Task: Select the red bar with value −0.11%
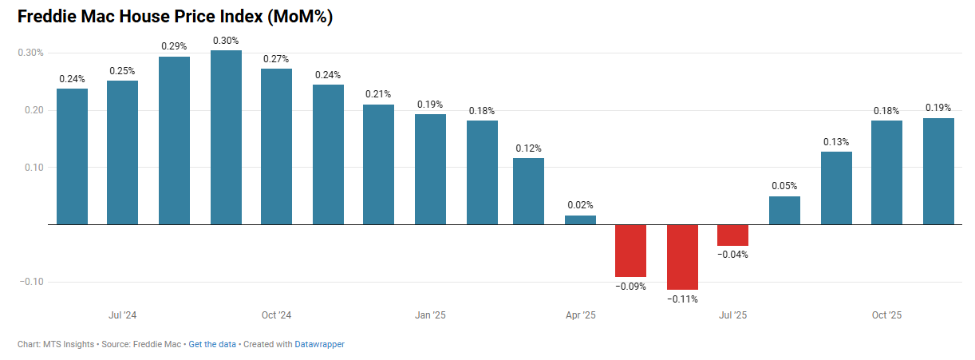(x=682, y=257)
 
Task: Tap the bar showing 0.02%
(x=580, y=220)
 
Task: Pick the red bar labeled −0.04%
(x=732, y=235)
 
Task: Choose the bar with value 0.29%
(x=174, y=140)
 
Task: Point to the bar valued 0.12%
(x=528, y=191)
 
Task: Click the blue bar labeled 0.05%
(x=784, y=211)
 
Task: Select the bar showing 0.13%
(x=836, y=188)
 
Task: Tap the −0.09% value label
(x=630, y=286)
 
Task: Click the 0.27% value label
(x=276, y=59)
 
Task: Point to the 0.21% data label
(x=378, y=94)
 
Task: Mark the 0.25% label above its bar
(x=122, y=71)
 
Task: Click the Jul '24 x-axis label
(x=122, y=315)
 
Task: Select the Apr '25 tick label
(x=580, y=315)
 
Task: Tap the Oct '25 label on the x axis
(x=886, y=315)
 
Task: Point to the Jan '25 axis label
(x=430, y=315)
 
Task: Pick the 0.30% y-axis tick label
(x=30, y=53)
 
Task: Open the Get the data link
(x=212, y=344)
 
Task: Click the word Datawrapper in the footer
(x=319, y=344)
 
